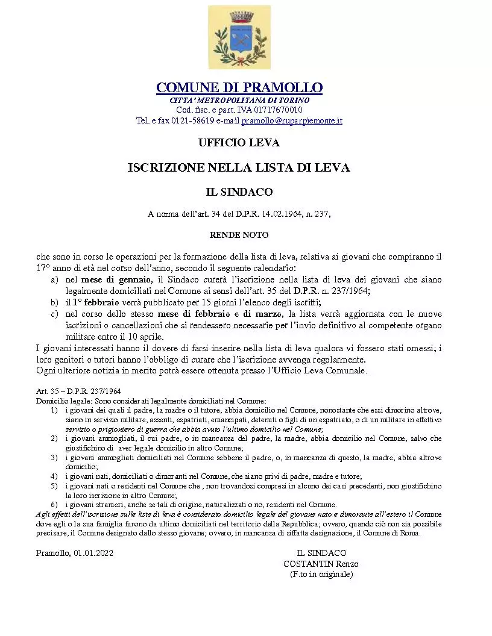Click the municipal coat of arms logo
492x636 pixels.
click(239, 37)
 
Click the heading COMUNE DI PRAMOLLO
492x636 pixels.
click(239, 88)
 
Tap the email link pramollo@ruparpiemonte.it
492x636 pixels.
click(292, 121)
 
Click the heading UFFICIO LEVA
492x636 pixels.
click(239, 143)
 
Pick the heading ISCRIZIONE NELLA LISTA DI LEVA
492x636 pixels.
click(239, 168)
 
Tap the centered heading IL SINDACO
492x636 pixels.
click(239, 192)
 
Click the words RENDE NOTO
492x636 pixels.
click(239, 235)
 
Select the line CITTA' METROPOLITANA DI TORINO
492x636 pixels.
click(239, 100)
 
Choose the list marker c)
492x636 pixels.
click(54, 314)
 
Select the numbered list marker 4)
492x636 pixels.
click(54, 476)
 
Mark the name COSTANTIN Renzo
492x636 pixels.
click(321, 564)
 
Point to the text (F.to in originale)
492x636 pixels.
click(321, 575)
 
